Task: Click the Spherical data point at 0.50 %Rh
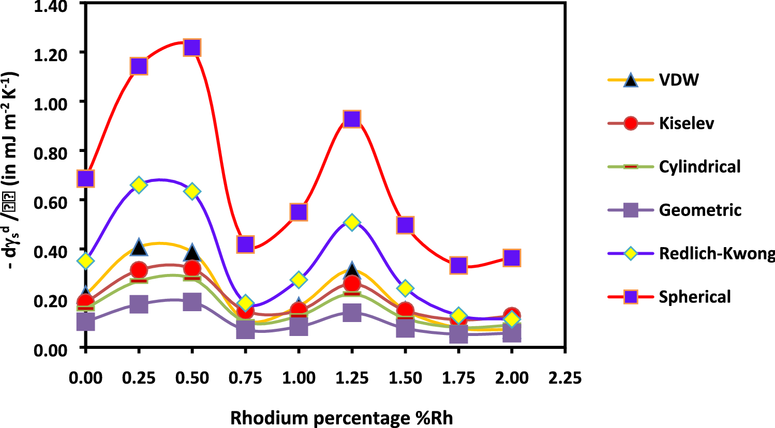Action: [192, 48]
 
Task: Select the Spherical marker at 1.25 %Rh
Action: [352, 119]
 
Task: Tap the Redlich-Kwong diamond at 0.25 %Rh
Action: [139, 185]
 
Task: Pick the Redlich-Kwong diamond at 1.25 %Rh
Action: [352, 223]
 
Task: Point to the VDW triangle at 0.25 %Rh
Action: [139, 248]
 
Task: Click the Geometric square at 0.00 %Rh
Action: [85, 322]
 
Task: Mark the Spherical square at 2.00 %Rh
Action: [512, 257]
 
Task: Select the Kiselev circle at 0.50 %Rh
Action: [192, 269]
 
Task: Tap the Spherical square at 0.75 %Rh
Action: [245, 244]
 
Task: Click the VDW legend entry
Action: [679, 80]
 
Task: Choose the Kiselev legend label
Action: [687, 124]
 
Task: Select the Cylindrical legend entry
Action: [699, 167]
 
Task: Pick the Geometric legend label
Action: [700, 210]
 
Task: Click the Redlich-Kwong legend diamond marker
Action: [630, 254]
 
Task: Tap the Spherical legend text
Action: [695, 297]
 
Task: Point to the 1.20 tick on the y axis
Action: [51, 54]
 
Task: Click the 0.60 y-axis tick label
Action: [51, 202]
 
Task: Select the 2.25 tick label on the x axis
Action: [565, 378]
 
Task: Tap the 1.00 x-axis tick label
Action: [299, 378]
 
